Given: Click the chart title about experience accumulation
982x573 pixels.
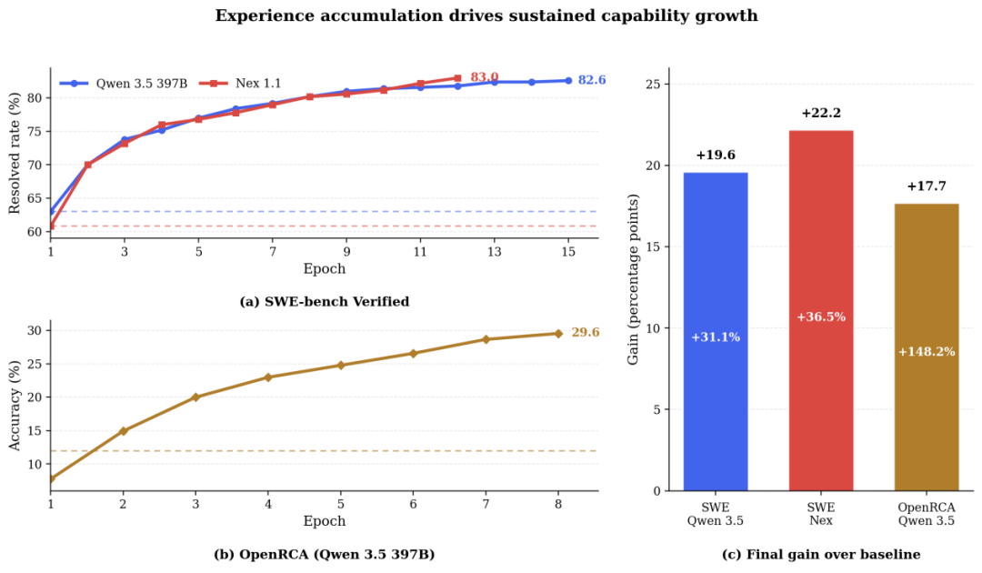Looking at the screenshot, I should [486, 16].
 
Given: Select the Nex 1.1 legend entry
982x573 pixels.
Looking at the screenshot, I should [246, 83].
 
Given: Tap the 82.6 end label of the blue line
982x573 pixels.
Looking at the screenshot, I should [592, 80].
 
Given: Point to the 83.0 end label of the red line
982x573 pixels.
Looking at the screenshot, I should [484, 77].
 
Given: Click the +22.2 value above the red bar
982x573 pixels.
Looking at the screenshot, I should [820, 113].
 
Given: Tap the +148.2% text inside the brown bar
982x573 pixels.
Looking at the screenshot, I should [927, 351].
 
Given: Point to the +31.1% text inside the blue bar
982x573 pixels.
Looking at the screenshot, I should [716, 337].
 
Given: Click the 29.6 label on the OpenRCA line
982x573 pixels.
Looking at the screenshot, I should [586, 333].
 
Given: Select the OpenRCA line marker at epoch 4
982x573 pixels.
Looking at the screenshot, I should [268, 377].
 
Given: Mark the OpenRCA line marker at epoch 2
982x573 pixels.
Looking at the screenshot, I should [124, 430].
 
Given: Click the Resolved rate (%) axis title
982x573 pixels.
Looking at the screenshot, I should [15, 154].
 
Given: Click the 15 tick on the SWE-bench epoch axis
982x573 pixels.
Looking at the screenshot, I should [568, 251].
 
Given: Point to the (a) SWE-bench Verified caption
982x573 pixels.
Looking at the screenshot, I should [324, 302].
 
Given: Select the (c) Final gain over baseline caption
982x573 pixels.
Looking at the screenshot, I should [821, 554].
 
